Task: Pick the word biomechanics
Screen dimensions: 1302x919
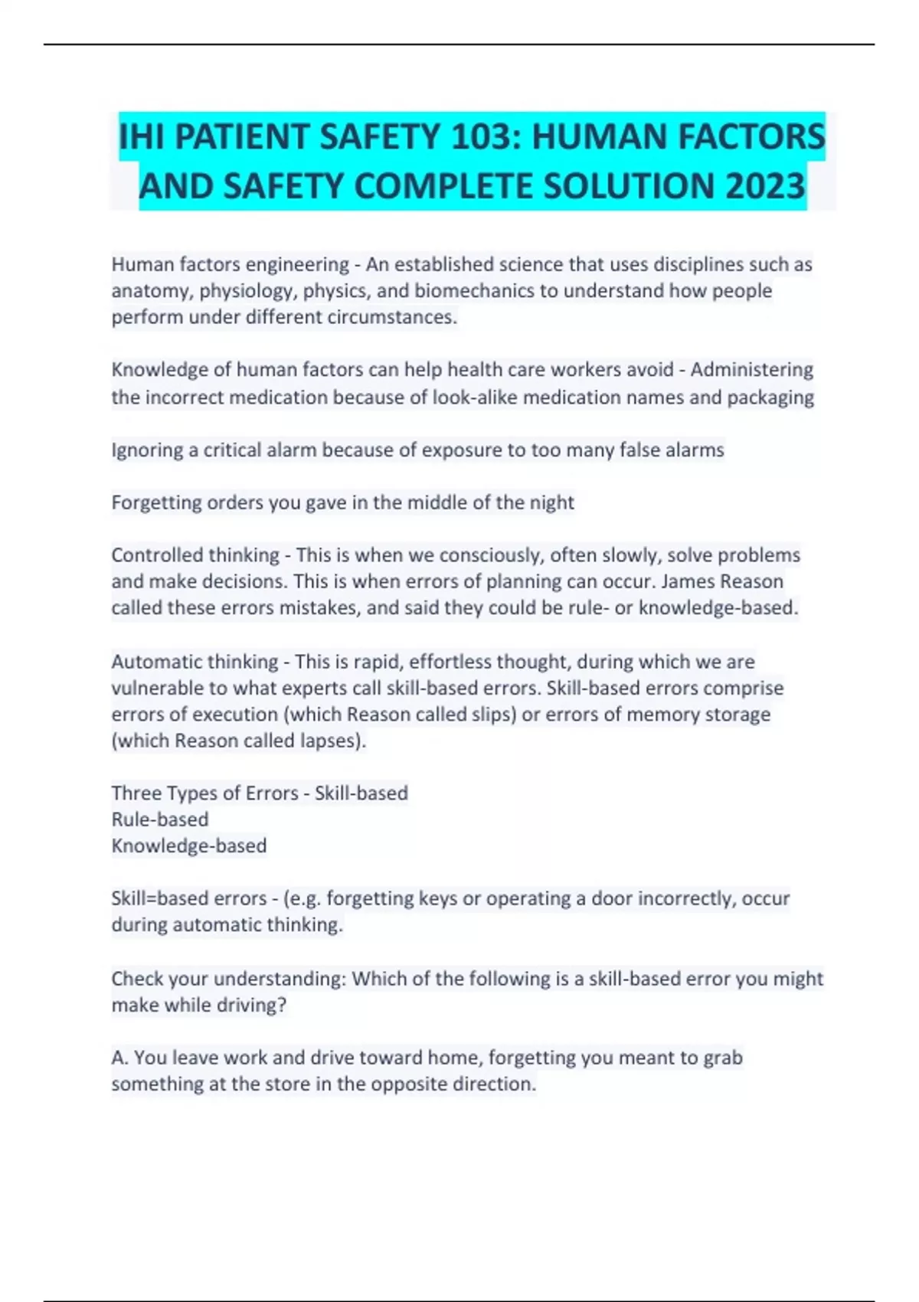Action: (476, 291)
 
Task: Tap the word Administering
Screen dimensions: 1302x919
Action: (751, 370)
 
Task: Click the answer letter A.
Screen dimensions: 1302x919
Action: (119, 1058)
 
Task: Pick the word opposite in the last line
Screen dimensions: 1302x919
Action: (407, 1084)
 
